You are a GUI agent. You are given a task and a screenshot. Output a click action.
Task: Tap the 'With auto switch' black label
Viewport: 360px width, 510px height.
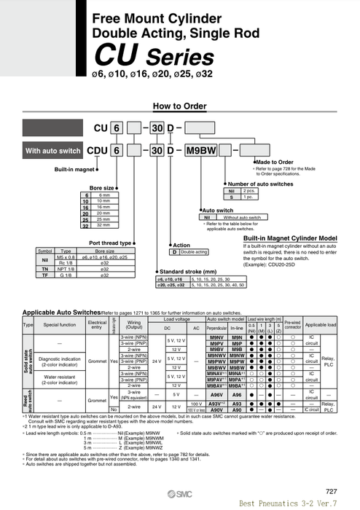[53, 151]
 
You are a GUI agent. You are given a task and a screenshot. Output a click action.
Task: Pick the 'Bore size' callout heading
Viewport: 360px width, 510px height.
[101, 188]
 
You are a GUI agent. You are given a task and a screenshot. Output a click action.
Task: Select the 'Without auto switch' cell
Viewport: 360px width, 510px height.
[242, 217]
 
